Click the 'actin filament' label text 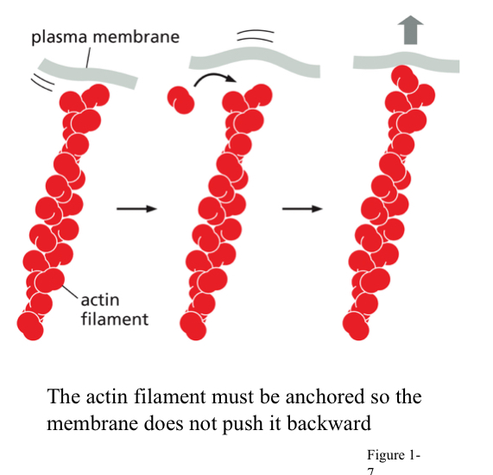(x=113, y=309)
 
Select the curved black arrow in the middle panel (x=213, y=83)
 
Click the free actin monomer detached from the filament (x=182, y=99)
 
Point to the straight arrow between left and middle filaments (x=135, y=208)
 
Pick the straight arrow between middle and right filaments (x=302, y=208)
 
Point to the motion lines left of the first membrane (x=42, y=79)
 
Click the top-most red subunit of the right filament (x=403, y=77)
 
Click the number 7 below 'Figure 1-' (x=370, y=471)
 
